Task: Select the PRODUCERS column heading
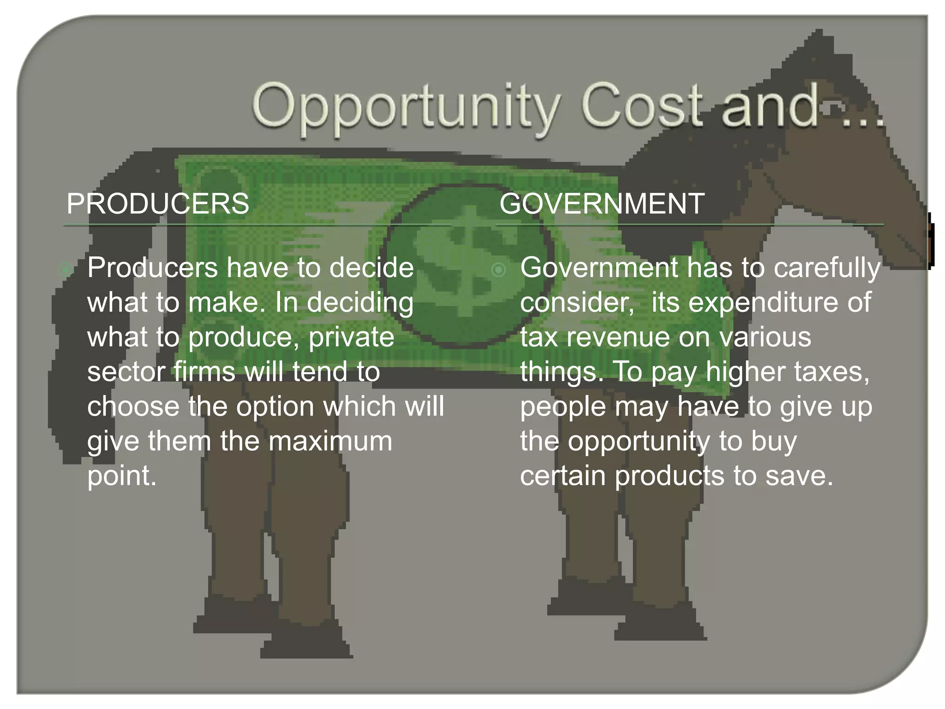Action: (158, 204)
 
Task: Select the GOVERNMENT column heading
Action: (602, 204)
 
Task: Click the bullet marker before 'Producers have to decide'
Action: (66, 270)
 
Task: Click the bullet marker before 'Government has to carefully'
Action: (498, 270)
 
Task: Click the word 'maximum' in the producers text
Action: (330, 441)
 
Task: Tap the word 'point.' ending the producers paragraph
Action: (122, 476)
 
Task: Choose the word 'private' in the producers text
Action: (351, 337)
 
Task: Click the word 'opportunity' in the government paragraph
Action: (639, 442)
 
